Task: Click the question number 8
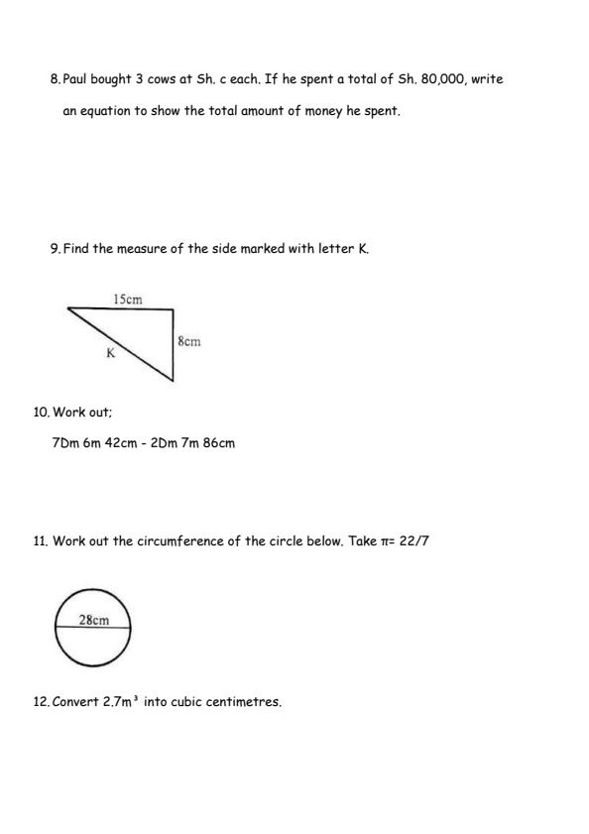pyautogui.click(x=55, y=79)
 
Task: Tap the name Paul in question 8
pyautogui.click(x=75, y=79)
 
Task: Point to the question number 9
pyautogui.click(x=55, y=249)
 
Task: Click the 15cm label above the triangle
pyautogui.click(x=127, y=298)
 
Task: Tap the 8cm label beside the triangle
pyautogui.click(x=188, y=341)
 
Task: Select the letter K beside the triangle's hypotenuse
pyautogui.click(x=110, y=353)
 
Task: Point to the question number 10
pyautogui.click(x=41, y=412)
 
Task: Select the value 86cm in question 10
pyautogui.click(x=219, y=443)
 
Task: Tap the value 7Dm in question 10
pyautogui.click(x=65, y=443)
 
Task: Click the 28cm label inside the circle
pyautogui.click(x=93, y=621)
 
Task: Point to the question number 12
pyautogui.click(x=41, y=702)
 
